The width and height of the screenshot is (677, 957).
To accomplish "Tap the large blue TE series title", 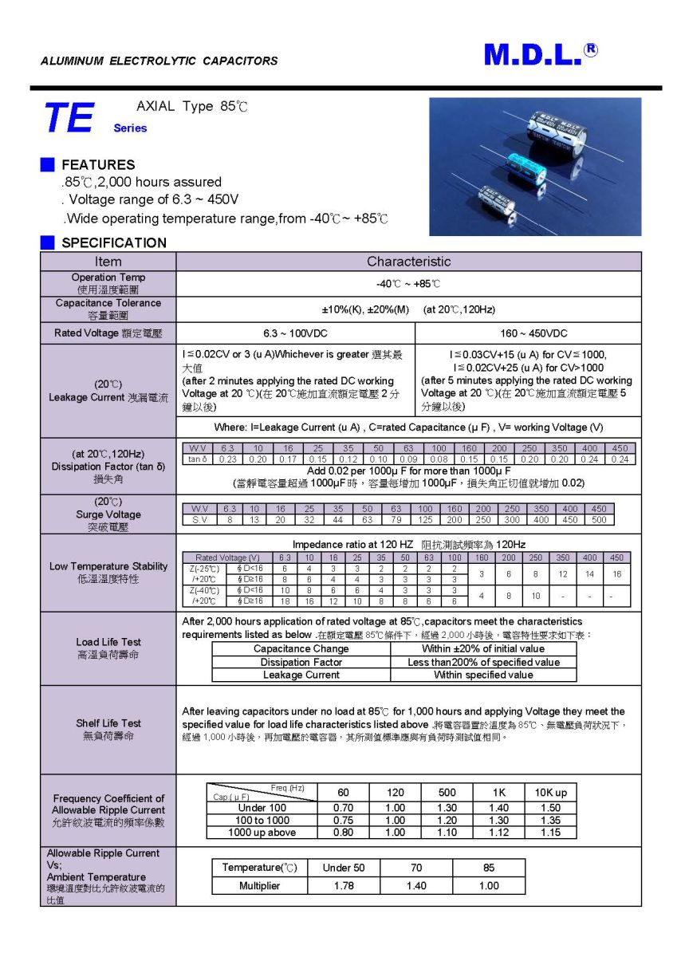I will pos(69,118).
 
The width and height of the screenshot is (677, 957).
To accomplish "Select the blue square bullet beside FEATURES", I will pos(48,165).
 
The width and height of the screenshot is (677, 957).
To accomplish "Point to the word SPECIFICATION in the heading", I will pos(114,242).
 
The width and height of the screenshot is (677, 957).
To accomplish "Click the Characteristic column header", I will pos(408,262).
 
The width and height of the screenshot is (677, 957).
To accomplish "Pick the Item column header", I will pos(108,262).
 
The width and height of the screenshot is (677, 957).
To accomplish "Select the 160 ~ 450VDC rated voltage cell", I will pos(528,333).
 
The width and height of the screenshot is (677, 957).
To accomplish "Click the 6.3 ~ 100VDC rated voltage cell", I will pos(295,333).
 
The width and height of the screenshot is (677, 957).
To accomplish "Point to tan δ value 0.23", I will pos(227,459).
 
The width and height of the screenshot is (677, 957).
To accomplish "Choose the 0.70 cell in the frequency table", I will pos(343,808).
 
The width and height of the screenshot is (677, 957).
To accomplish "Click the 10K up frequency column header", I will pos(550,793).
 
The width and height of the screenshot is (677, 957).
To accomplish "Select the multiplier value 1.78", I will pos(343,885).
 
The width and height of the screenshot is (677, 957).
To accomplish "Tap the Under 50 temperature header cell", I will pos(343,868).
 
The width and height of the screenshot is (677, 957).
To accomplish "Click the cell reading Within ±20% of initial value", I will pos(483,649).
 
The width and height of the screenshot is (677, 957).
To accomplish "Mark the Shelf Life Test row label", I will pos(108,729).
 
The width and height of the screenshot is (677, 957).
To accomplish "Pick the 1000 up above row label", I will pos(262,833).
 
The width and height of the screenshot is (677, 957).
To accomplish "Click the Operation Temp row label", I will pos(108,283).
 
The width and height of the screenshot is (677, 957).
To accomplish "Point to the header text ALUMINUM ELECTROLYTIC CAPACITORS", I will pos(159,61).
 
